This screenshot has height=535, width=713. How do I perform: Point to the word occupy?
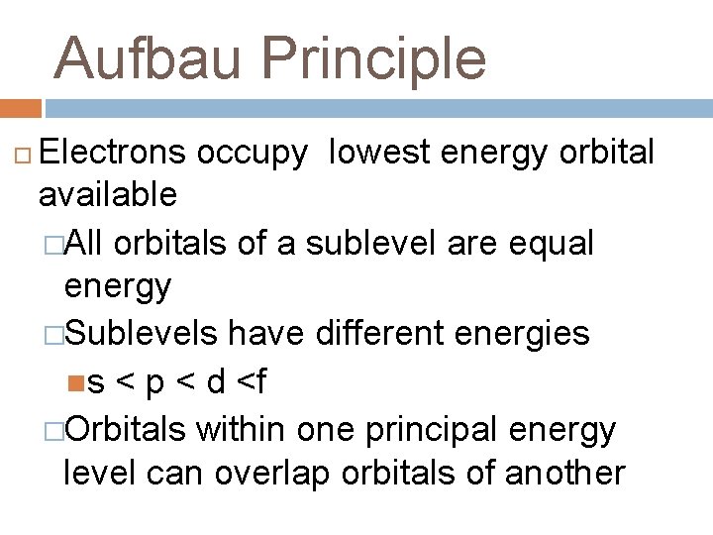click(253, 152)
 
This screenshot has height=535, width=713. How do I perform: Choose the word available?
click(107, 195)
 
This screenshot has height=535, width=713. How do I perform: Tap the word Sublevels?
click(142, 334)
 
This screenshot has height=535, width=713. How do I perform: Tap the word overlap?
click(270, 474)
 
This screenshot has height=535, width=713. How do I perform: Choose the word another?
click(565, 474)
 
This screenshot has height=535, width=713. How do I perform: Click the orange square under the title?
click(20, 108)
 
